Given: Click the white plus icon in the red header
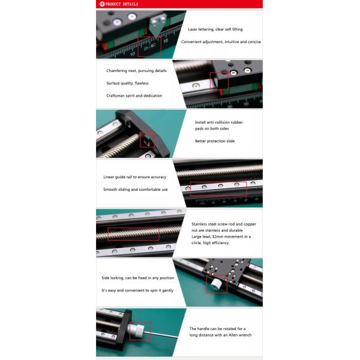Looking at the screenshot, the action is click(x=102, y=4).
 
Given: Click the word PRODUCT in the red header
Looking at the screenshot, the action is click(x=113, y=4).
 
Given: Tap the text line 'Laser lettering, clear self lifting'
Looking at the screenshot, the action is click(x=215, y=29).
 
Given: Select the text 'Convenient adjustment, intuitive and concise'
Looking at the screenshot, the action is click(x=221, y=42).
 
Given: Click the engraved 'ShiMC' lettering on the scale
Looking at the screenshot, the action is click(x=149, y=47).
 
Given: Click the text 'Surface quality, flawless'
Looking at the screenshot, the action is click(x=127, y=83).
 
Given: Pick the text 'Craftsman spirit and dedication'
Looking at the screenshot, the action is click(x=134, y=96).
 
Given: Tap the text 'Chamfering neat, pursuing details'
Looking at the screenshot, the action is click(x=136, y=71).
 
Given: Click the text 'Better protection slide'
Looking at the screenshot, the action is click(x=215, y=141).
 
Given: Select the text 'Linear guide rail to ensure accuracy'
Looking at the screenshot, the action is click(x=135, y=177).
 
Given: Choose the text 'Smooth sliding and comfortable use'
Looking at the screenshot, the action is click(x=136, y=190).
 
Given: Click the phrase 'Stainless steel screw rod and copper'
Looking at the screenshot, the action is click(x=224, y=224).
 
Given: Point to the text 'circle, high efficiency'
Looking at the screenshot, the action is click(x=210, y=243).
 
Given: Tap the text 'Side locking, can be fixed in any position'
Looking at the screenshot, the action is click(x=138, y=278).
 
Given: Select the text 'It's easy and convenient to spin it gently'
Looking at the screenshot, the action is click(x=137, y=290).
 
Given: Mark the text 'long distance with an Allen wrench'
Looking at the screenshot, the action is click(x=220, y=335).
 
